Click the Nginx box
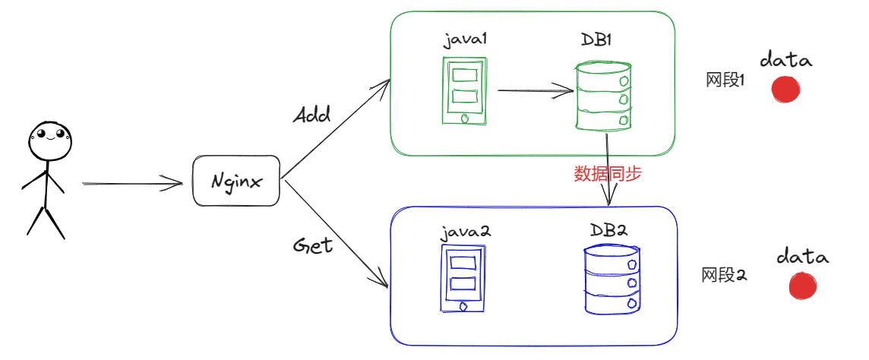point(236,181)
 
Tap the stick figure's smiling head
point(50,137)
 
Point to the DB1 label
point(596,39)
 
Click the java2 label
point(466,232)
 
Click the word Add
point(311,115)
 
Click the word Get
point(313,246)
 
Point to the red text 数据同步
point(607,174)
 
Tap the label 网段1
point(724,80)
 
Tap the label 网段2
point(723,275)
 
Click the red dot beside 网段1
point(785,89)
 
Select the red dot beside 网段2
point(802,286)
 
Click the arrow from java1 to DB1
point(535,91)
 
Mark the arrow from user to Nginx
point(132,183)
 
